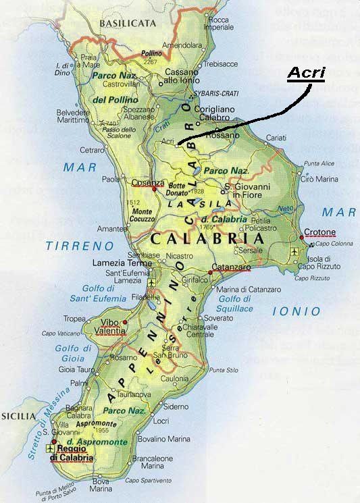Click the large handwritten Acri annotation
point(306,73)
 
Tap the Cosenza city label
point(149,183)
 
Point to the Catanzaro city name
point(232,268)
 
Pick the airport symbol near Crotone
point(292,251)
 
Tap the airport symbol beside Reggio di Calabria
point(49,448)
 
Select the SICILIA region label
point(17,417)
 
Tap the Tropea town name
point(74,319)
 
